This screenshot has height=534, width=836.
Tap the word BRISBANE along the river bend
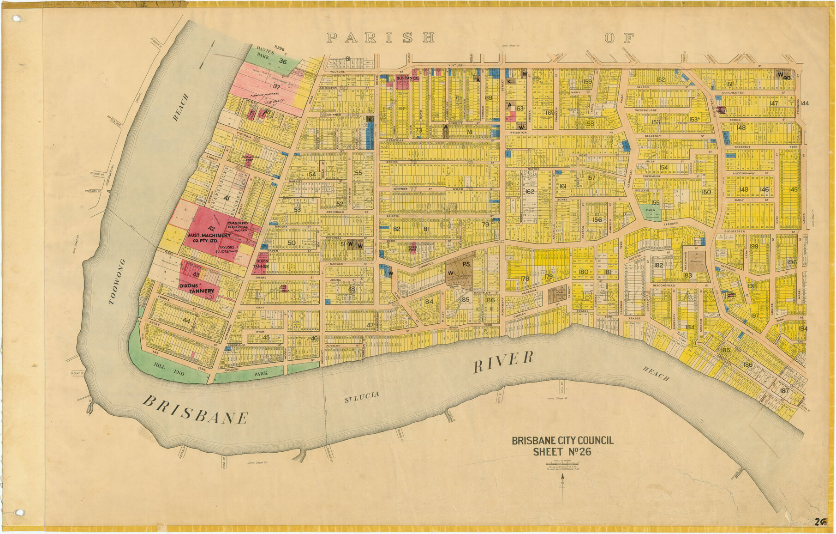(196, 410)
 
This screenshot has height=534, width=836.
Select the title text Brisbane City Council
(562, 441)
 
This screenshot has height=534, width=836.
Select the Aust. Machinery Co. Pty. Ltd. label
(209, 238)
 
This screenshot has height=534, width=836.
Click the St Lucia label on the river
(362, 397)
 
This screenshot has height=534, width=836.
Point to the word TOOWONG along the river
(117, 281)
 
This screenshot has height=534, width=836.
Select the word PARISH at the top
(381, 38)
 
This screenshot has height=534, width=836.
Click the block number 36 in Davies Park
(283, 61)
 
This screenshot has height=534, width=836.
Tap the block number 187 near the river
(784, 391)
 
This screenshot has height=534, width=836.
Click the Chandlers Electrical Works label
(238, 226)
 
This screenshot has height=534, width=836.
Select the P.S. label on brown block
(466, 264)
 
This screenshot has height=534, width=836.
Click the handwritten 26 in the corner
(819, 522)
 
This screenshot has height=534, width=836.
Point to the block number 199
(753, 246)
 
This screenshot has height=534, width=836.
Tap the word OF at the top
(619, 38)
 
